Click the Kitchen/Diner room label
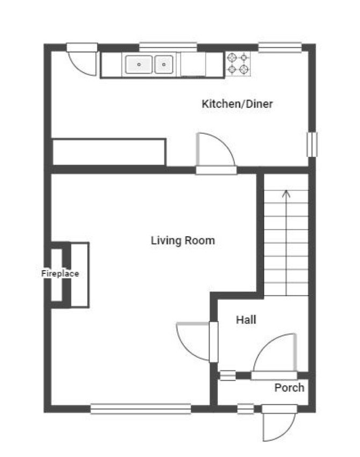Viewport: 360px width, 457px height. pyautogui.click(x=237, y=104)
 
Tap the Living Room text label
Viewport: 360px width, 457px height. pyautogui.click(x=183, y=241)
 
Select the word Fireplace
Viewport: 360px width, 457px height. pyautogui.click(x=60, y=273)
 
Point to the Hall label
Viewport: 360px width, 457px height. pyautogui.click(x=246, y=320)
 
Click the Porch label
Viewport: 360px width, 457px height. pyautogui.click(x=289, y=388)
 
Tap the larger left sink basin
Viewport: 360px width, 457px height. pyautogui.click(x=139, y=64)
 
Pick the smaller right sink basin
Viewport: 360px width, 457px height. pyautogui.click(x=164, y=64)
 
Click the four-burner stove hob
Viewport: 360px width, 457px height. pyautogui.click(x=238, y=64)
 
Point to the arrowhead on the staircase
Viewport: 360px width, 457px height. pyautogui.click(x=286, y=194)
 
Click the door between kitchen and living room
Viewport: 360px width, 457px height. pyautogui.click(x=216, y=154)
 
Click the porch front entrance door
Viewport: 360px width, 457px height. pyautogui.click(x=279, y=423)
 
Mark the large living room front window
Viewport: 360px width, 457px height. pyautogui.click(x=140, y=409)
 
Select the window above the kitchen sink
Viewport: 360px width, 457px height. pyautogui.click(x=168, y=47)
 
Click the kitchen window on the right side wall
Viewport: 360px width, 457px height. pyautogui.click(x=312, y=144)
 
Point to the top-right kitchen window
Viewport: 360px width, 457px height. pyautogui.click(x=280, y=47)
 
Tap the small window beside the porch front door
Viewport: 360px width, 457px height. pyautogui.click(x=246, y=409)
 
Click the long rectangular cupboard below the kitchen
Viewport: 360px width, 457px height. pyautogui.click(x=109, y=152)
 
